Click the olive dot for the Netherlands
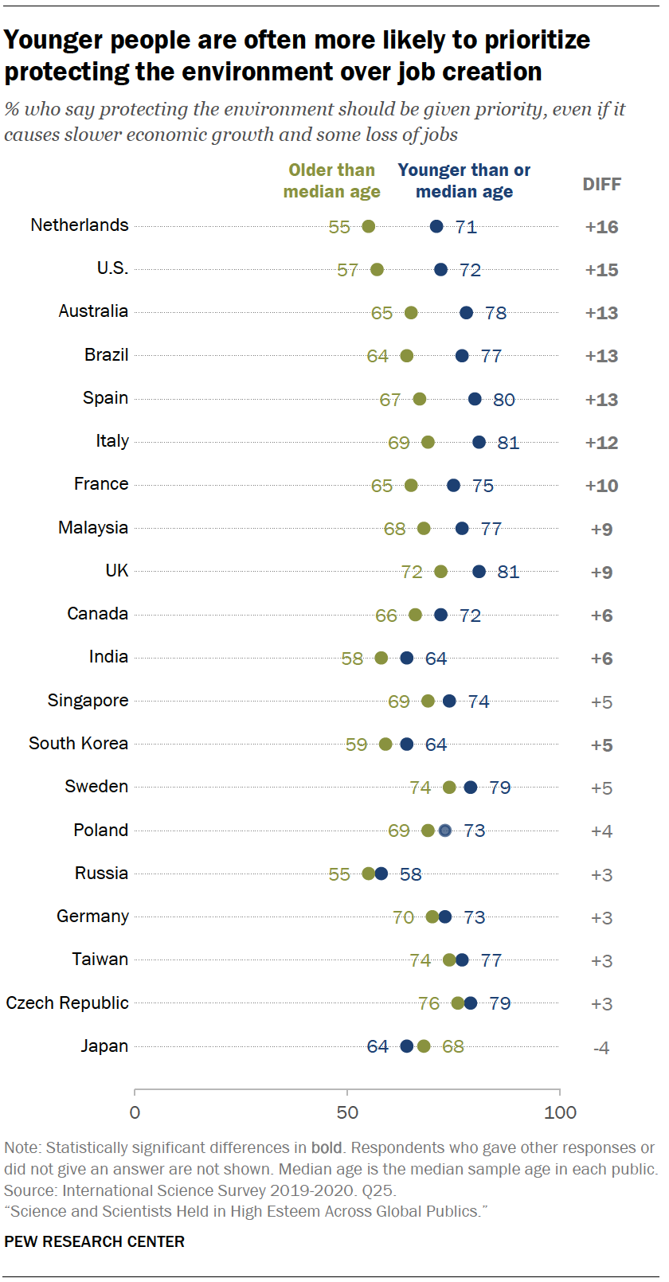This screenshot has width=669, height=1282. click(368, 227)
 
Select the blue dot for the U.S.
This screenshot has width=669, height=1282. click(440, 270)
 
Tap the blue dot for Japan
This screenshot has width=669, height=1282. click(407, 1046)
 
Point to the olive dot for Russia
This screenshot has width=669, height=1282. click(368, 874)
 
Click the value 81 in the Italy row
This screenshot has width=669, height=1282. click(508, 443)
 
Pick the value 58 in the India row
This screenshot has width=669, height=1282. click(352, 659)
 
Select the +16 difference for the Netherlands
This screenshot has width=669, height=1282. click(601, 227)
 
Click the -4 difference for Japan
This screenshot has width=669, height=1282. click(601, 1048)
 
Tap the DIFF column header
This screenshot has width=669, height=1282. click(601, 184)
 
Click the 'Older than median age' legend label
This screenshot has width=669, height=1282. click(331, 181)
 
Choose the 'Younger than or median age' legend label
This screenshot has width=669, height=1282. click(464, 181)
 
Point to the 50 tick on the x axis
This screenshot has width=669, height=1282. click(347, 1112)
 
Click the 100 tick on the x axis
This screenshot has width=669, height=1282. click(560, 1112)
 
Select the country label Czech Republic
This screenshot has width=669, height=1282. click(67, 1003)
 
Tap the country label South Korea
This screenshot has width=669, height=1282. click(78, 744)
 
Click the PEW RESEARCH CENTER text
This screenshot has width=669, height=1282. click(94, 1241)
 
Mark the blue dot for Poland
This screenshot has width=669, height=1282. click(445, 831)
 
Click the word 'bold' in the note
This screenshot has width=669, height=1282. click(326, 1148)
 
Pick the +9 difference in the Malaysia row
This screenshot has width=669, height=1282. click(601, 530)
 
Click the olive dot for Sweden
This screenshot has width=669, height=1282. click(449, 788)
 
